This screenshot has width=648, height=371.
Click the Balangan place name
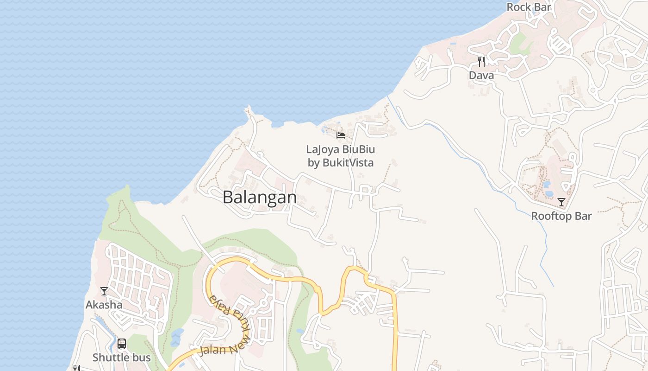click(260, 198)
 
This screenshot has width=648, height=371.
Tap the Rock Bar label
click(529, 7)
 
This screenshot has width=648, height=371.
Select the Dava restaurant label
click(481, 76)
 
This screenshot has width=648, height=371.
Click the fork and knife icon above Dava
click(481, 62)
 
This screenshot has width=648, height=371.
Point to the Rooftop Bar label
click(561, 216)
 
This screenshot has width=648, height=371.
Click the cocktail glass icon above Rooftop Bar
click(561, 202)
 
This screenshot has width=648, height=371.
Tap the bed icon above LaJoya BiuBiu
click(341, 135)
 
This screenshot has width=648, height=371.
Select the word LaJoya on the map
click(323, 149)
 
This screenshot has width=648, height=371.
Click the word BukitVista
click(348, 163)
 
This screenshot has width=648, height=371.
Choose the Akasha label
click(104, 305)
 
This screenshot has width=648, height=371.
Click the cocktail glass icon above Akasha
click(104, 291)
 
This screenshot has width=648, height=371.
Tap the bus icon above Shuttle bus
click(122, 344)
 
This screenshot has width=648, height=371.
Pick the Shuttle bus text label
click(122, 358)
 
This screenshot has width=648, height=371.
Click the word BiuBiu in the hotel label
click(358, 149)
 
